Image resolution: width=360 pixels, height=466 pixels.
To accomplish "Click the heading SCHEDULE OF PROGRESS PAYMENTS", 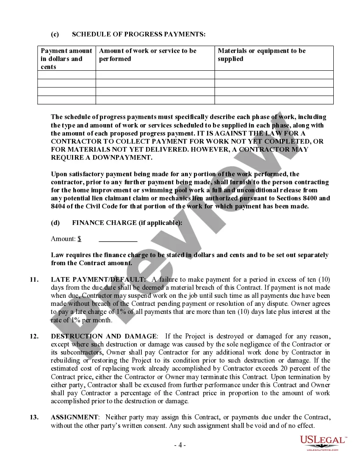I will pos(139,34).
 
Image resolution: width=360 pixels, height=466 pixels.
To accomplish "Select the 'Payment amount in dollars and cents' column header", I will pos(66,58).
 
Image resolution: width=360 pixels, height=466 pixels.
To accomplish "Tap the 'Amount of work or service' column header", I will pos(147,55).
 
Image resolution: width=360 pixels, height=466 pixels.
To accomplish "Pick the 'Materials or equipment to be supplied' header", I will pos(261,55).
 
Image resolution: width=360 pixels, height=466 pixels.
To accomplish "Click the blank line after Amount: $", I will pos(118,239).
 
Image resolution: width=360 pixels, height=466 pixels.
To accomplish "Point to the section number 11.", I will pos(34,279).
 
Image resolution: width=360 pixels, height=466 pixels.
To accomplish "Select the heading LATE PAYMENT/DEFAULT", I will pos(98,279).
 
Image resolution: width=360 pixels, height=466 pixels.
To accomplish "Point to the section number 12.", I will pos(34,336).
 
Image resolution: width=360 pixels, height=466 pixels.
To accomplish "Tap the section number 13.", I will pos(34,417).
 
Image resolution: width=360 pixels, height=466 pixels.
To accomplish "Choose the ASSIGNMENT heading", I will pos(74,417).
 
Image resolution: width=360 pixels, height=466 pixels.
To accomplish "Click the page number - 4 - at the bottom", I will pos(180,445).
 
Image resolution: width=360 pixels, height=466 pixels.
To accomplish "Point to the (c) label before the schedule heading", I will pos(55,34).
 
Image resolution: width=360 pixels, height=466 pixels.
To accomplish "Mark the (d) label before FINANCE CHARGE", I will pos(55,223).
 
